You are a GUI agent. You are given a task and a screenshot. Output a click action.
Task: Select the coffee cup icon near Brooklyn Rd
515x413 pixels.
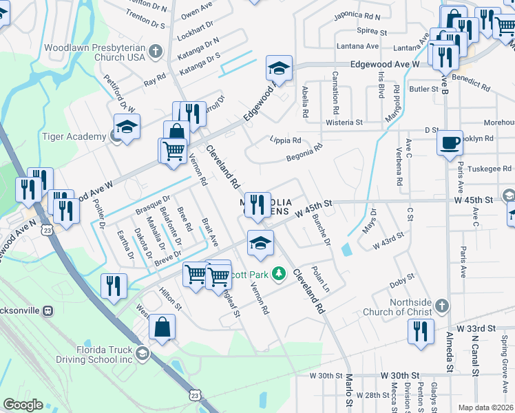(450, 143)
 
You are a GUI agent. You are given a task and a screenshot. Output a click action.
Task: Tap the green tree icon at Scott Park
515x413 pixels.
(279, 274)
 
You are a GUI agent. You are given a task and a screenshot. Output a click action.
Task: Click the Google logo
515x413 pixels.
(23, 405)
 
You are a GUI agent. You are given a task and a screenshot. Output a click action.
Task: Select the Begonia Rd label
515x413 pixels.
(305, 153)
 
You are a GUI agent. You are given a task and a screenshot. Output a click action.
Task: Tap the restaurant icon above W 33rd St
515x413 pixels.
(419, 332)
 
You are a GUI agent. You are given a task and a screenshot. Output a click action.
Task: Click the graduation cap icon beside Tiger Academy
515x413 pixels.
(127, 127)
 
